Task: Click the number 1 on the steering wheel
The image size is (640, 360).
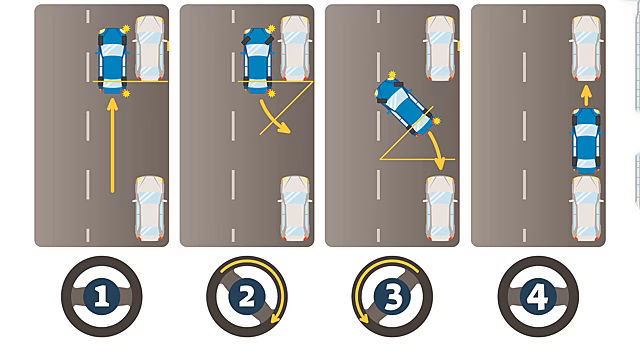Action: [x=102, y=296]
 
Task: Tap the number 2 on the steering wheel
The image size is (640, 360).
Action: [x=247, y=296]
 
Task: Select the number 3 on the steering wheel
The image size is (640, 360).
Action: [x=392, y=296]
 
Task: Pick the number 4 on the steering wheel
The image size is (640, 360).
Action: [x=538, y=296]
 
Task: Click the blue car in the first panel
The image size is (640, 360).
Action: [x=112, y=61]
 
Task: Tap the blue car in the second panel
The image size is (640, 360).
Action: [x=258, y=61]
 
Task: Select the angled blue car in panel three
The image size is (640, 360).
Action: [x=403, y=106]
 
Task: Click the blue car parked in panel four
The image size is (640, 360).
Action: [x=587, y=140]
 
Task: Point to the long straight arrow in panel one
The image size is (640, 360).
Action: [x=113, y=145]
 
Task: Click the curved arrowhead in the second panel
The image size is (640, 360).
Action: [x=284, y=128]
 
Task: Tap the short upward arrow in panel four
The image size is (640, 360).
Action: [x=586, y=96]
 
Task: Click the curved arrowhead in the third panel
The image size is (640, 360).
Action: [x=440, y=163]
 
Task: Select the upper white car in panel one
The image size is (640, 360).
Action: [x=151, y=48]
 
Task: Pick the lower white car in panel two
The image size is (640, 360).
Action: [x=295, y=208]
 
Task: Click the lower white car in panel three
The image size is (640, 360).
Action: [x=440, y=208]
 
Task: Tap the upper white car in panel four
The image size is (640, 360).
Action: [x=587, y=48]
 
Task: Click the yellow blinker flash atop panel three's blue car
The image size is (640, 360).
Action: [x=392, y=75]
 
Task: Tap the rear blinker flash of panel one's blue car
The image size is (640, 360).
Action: [x=126, y=94]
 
